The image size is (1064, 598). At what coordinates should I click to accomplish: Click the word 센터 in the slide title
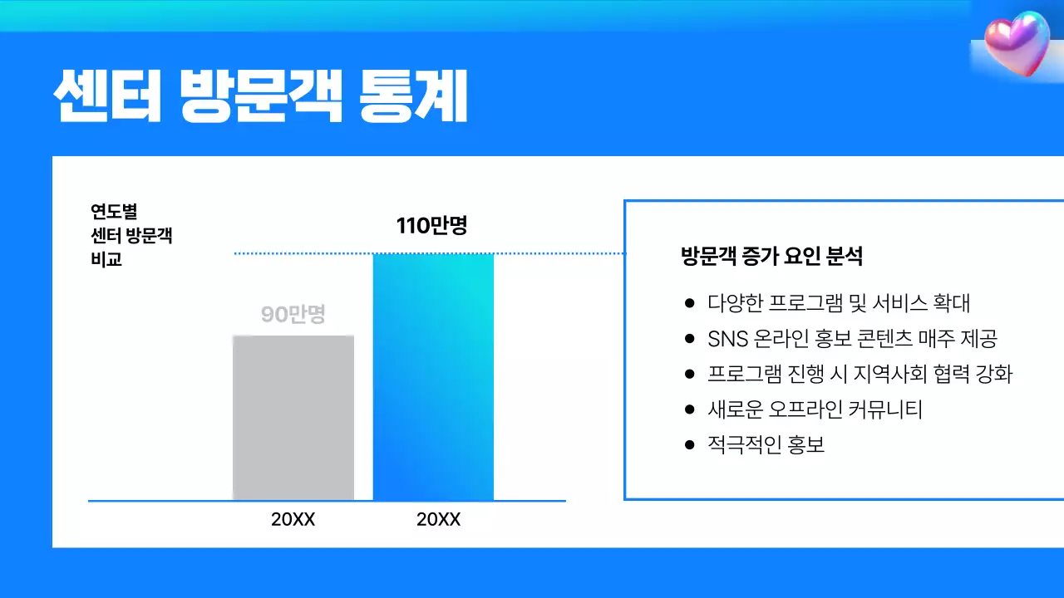coord(107,98)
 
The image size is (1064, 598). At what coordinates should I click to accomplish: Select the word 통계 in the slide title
coord(413,98)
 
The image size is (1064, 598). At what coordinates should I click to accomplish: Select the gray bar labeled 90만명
coord(293,418)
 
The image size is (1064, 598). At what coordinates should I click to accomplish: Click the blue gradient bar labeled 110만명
coord(433,376)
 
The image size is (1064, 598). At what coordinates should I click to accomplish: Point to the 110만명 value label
coord(431,225)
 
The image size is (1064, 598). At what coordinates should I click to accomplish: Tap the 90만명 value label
coord(293,316)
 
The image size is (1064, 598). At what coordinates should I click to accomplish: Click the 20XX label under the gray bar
coord(293,520)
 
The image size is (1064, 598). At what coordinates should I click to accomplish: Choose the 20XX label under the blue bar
coord(438,520)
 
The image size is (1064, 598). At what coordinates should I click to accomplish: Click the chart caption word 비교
coord(106,259)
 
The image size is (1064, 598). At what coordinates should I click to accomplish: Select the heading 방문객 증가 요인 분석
coord(771,256)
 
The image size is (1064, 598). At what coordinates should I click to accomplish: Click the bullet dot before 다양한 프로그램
coord(688,303)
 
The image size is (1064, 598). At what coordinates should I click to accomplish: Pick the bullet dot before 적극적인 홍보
coord(688,445)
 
